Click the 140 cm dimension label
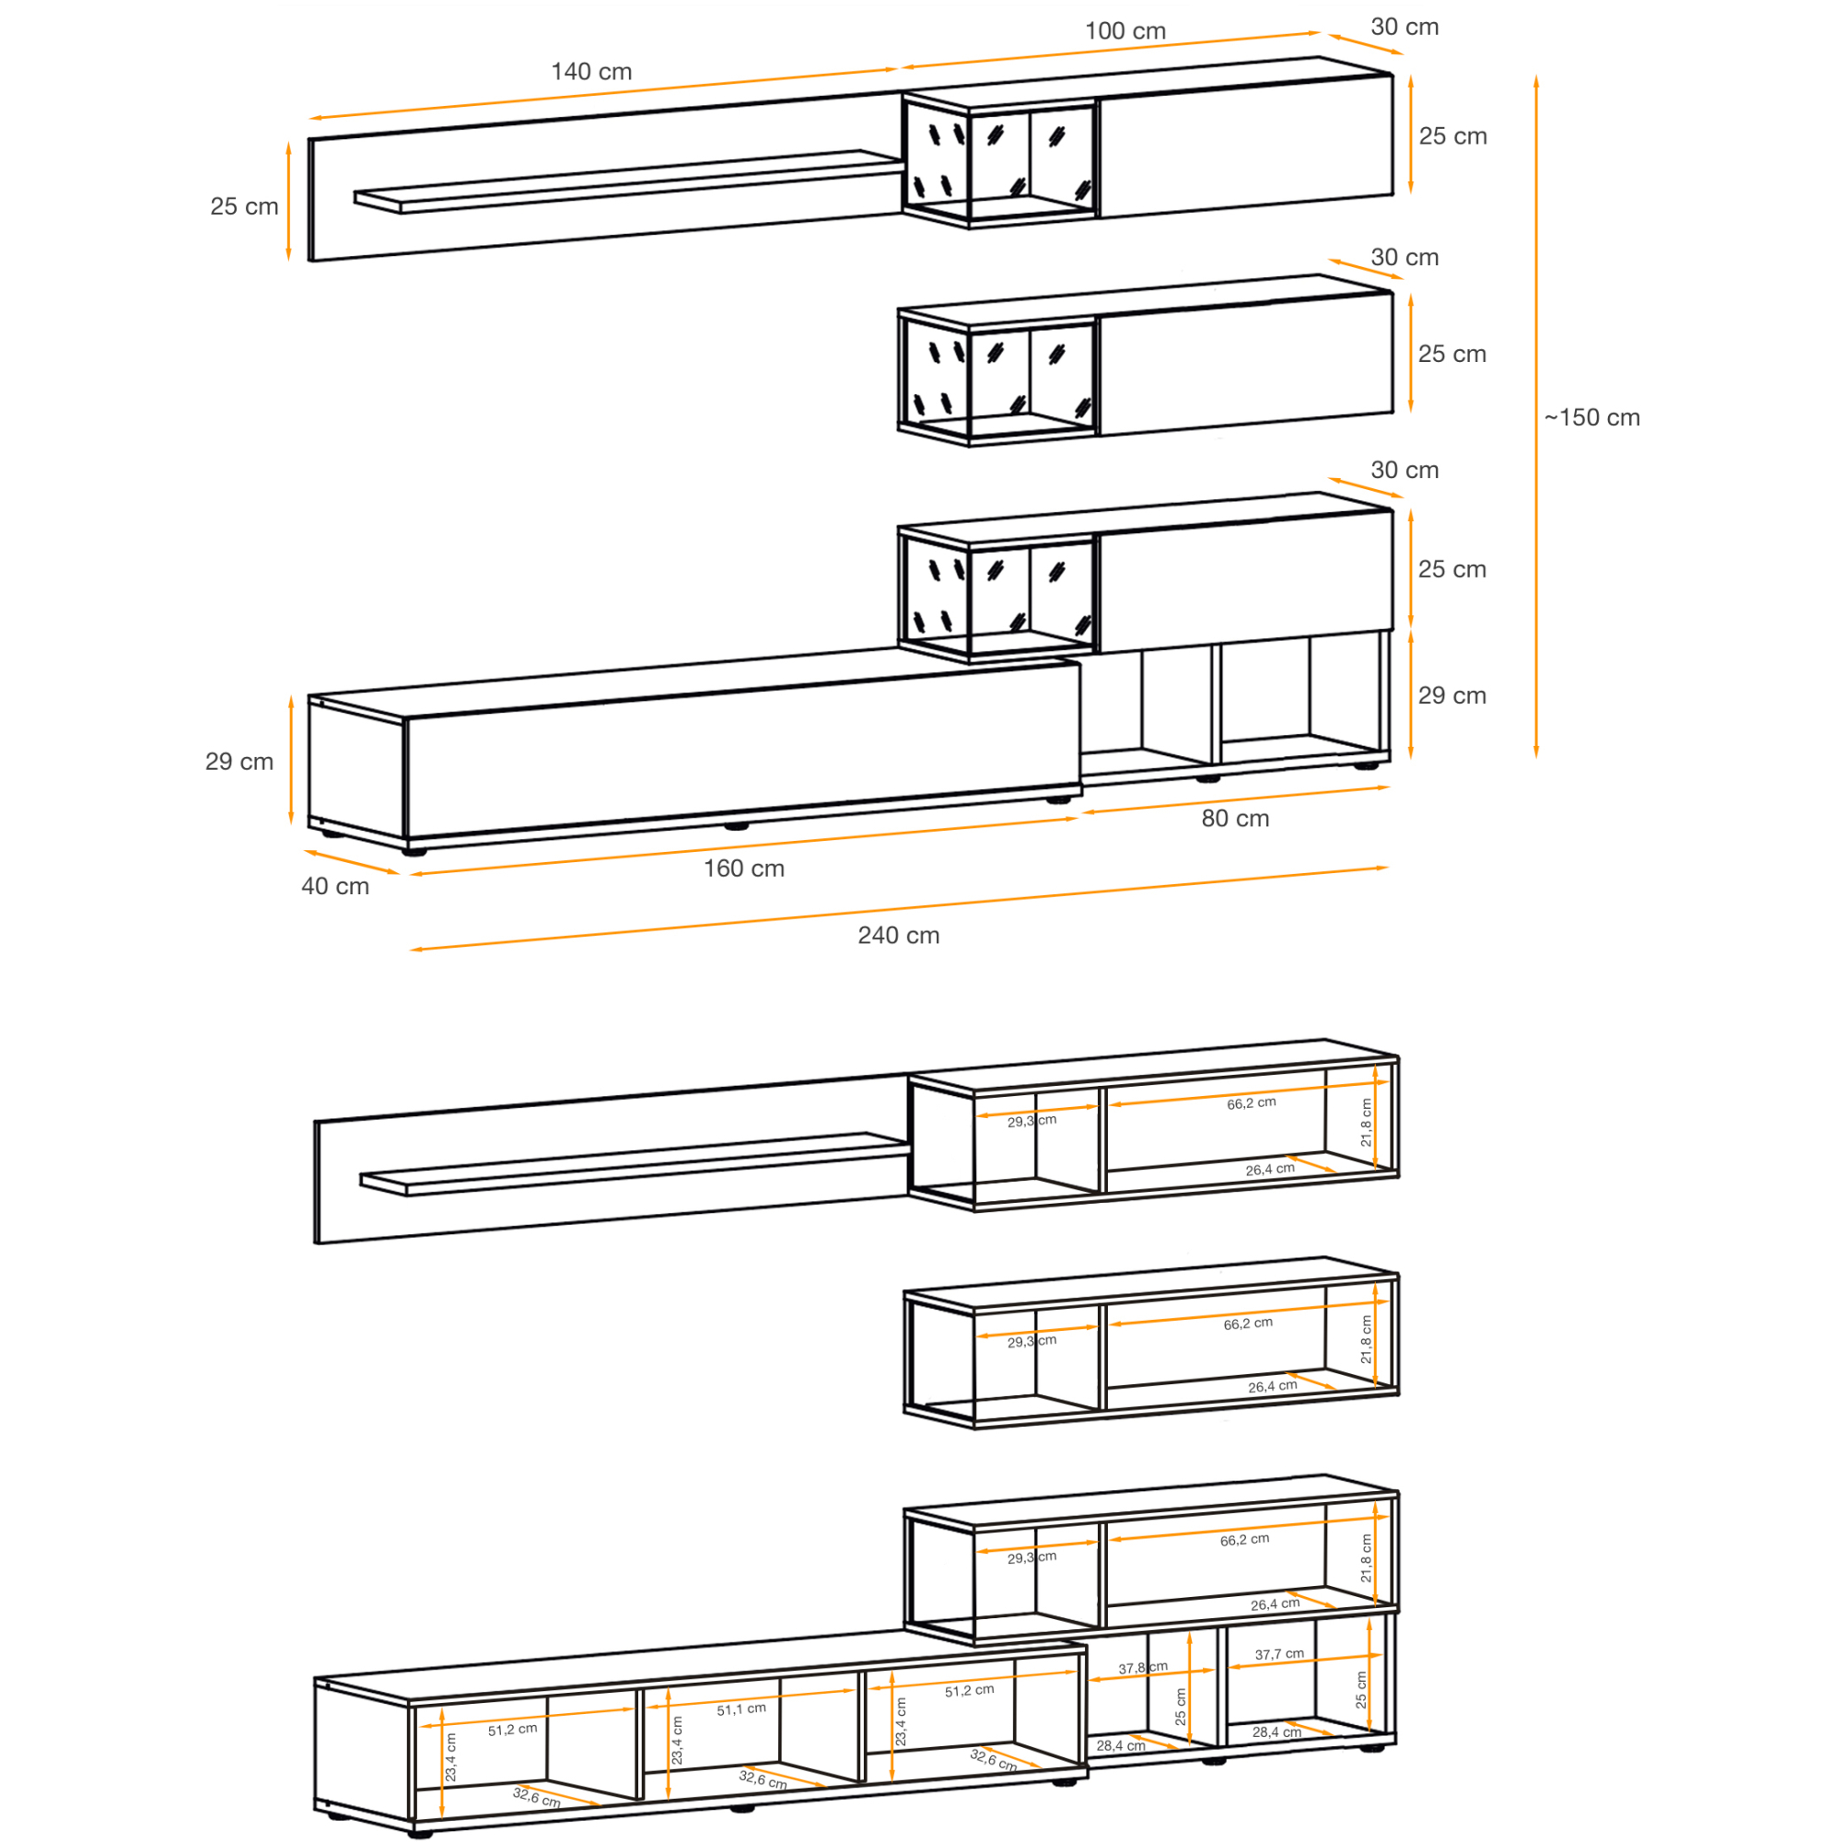pyautogui.click(x=591, y=72)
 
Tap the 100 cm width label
pyautogui.click(x=1125, y=30)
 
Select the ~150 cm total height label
pyautogui.click(x=1592, y=417)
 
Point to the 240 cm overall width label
pyautogui.click(x=898, y=936)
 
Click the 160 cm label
pyautogui.click(x=743, y=869)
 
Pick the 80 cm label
pyautogui.click(x=1235, y=818)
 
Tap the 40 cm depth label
pyautogui.click(x=334, y=886)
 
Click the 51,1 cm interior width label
pyautogui.click(x=740, y=1709)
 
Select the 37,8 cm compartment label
pyautogui.click(x=1142, y=1668)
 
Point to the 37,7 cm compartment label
pyautogui.click(x=1278, y=1654)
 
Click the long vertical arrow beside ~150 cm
pyautogui.click(x=1536, y=416)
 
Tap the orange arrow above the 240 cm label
pyautogui.click(x=899, y=909)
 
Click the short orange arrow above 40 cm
pyautogui.click(x=351, y=862)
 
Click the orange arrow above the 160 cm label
pyautogui.click(x=743, y=845)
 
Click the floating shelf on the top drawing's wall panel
pyautogui.click(x=629, y=181)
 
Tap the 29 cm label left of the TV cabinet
pyautogui.click(x=239, y=762)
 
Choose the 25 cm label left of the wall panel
pyautogui.click(x=244, y=206)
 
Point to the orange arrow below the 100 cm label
pyautogui.click(x=1110, y=50)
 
